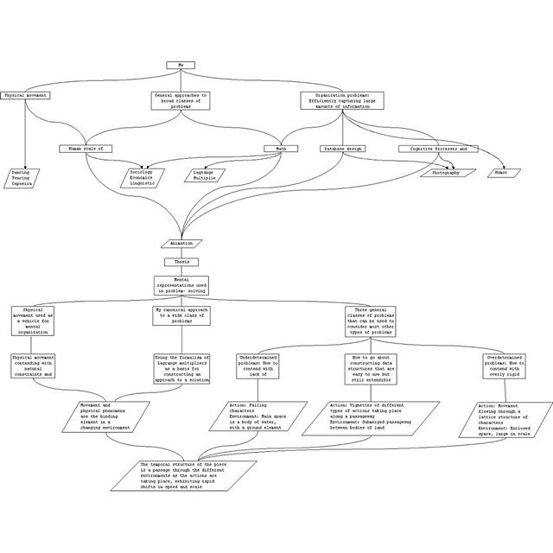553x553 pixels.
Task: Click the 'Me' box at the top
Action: [181, 66]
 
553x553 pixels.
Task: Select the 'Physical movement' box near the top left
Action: [26, 95]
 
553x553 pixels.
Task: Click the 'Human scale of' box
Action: [86, 149]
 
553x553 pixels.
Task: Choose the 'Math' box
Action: [281, 149]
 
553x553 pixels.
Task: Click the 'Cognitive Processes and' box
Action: [439, 149]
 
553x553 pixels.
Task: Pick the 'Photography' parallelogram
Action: [448, 173]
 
